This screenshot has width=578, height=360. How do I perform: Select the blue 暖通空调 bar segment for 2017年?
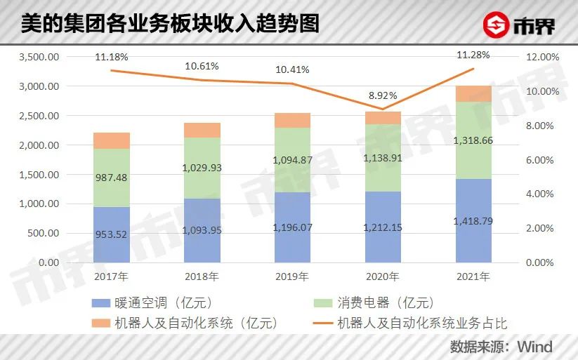[111, 234]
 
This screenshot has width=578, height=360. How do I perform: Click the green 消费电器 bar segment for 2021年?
[473, 140]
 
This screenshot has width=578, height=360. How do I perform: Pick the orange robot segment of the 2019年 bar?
[292, 120]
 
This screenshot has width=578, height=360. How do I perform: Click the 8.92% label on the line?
[383, 95]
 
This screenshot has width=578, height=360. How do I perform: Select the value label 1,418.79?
[473, 221]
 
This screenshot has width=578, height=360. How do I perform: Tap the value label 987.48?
[111, 178]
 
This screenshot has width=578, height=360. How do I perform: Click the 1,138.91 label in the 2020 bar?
[383, 159]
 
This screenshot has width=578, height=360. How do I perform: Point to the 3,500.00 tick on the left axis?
[41, 57]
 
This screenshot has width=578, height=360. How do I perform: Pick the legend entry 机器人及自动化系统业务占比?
[422, 323]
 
